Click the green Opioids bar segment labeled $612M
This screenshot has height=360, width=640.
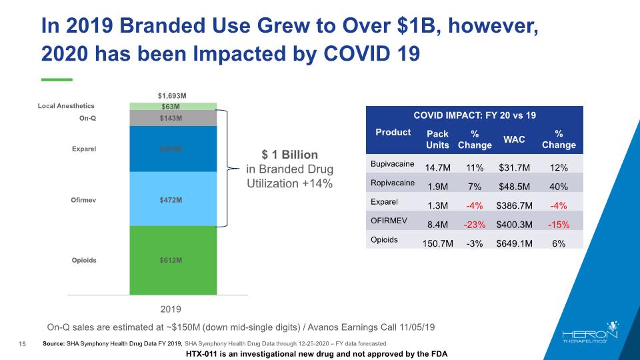173,260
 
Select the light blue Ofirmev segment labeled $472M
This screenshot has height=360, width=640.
173,199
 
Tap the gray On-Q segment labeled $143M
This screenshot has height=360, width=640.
173,118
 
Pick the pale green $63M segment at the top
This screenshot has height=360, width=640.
173,105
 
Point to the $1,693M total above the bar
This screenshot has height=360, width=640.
173,95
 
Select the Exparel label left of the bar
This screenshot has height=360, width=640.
84,149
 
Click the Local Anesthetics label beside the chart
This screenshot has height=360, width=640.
65,105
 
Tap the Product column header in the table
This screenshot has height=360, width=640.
393,132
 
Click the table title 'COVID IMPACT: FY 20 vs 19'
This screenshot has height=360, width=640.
474,115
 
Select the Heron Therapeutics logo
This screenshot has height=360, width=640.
590,336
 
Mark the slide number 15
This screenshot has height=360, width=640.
22,343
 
